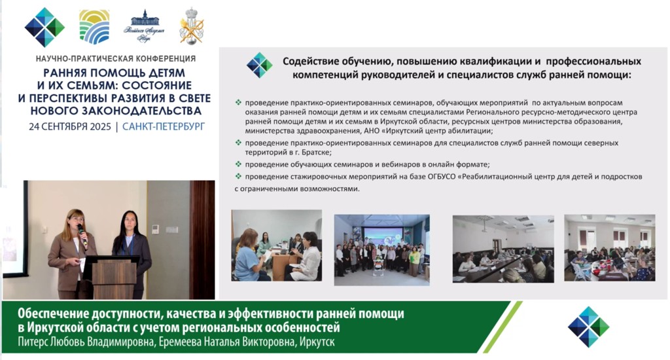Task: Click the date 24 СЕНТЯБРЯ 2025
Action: pyautogui.click(x=70, y=126)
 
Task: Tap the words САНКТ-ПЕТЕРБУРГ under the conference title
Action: pyautogui.click(x=164, y=126)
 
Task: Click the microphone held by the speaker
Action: pyautogui.click(x=82, y=234)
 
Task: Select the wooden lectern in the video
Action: pyautogui.click(x=112, y=277)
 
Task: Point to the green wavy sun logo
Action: pyautogui.click(x=94, y=27)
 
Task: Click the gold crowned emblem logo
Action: pyautogui.click(x=192, y=26)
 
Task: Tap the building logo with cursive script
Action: pyautogui.click(x=144, y=26)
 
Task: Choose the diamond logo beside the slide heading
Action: pyautogui.click(x=259, y=65)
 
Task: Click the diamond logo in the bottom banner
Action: pyautogui.click(x=588, y=327)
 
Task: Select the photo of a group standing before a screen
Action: pyautogui.click(x=381, y=249)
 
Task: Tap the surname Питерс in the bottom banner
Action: pyautogui.click(x=32, y=342)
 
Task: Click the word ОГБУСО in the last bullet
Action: pyautogui.click(x=443, y=176)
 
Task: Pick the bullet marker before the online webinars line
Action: pyautogui.click(x=238, y=164)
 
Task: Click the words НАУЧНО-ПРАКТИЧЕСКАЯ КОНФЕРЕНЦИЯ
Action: pyautogui.click(x=115, y=58)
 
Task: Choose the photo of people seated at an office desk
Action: pyautogui.click(x=277, y=245)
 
